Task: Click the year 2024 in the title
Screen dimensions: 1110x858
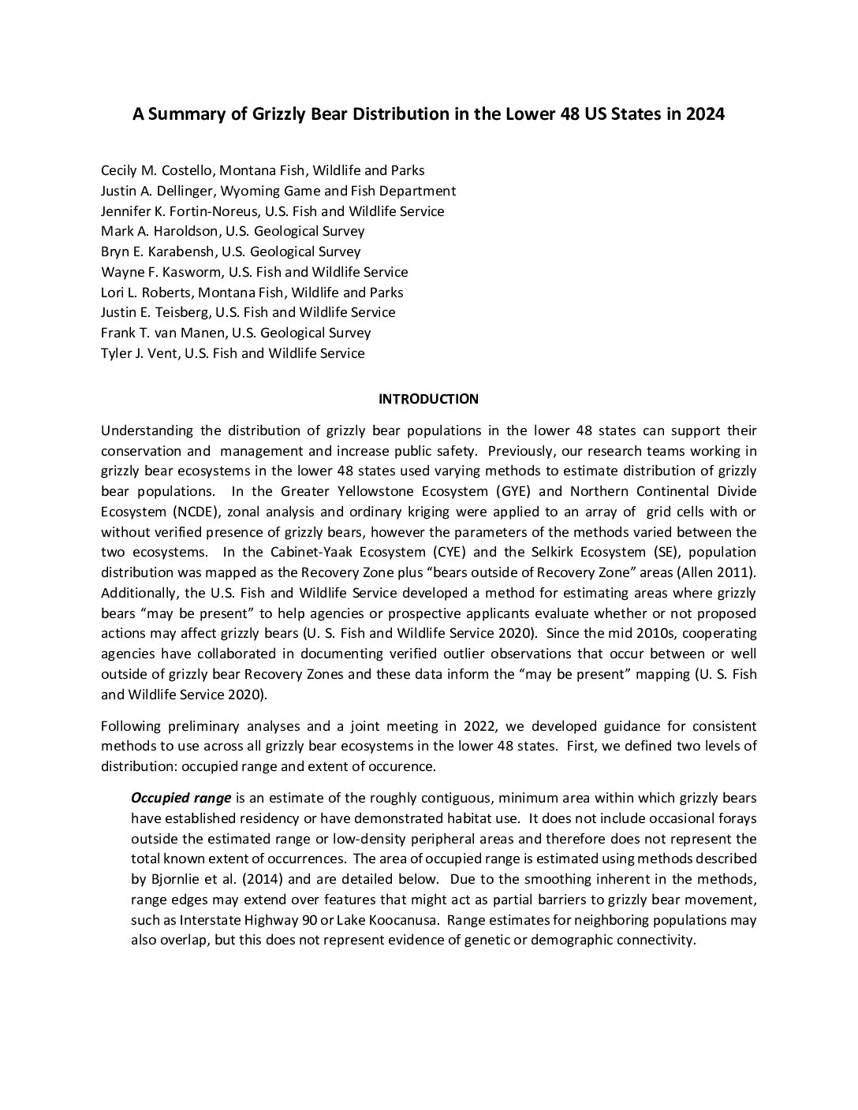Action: (705, 114)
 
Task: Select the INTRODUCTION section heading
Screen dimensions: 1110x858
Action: (428, 399)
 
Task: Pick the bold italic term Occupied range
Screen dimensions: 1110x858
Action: (181, 798)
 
